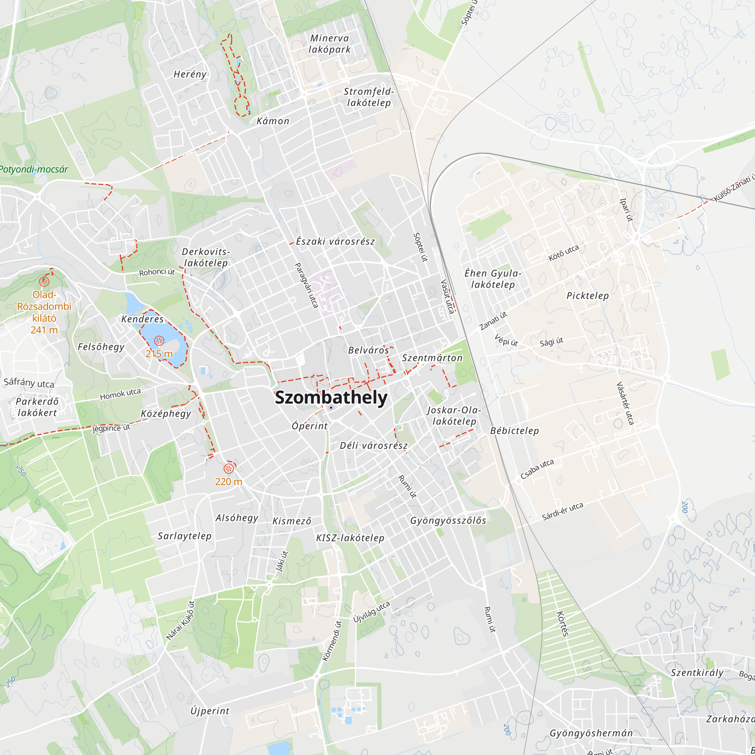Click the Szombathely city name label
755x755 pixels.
(331, 398)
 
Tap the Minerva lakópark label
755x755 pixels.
(330, 44)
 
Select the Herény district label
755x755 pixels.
(190, 74)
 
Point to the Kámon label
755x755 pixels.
(273, 121)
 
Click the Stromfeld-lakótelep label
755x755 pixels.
(368, 97)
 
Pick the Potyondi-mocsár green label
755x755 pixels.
(34, 169)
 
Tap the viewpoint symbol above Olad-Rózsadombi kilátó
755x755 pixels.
(44, 281)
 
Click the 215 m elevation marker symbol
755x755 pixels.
(159, 341)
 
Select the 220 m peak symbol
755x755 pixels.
(228, 468)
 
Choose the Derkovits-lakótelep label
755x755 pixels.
(206, 257)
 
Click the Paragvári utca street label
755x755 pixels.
(306, 285)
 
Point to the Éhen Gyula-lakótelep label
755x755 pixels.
(493, 279)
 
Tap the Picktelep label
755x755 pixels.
(587, 296)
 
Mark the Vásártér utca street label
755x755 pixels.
(625, 403)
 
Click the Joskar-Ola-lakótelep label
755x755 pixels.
(454, 415)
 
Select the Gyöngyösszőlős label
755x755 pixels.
(448, 521)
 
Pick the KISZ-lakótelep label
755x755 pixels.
(350, 538)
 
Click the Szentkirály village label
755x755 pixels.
(697, 673)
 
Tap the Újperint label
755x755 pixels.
(210, 711)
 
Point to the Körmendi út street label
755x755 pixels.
(332, 641)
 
